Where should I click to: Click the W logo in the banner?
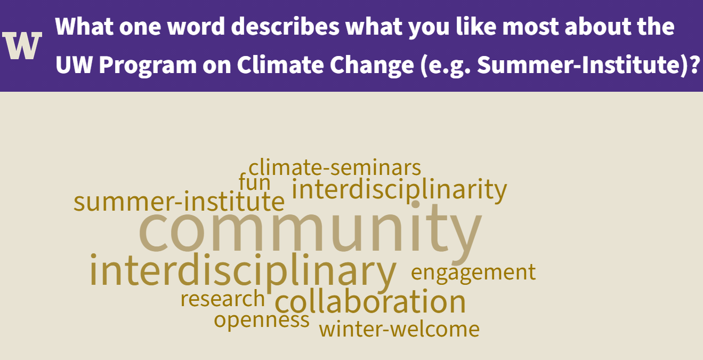point(22,45)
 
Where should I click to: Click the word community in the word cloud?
point(310,233)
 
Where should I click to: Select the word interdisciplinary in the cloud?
point(243,272)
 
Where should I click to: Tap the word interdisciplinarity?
point(399,190)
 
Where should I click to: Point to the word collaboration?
point(370,301)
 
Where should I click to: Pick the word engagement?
point(473,273)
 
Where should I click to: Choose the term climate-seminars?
point(335,167)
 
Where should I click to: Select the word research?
point(223,299)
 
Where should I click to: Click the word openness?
point(262,321)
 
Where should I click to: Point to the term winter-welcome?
point(399,329)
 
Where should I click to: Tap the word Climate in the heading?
point(280,65)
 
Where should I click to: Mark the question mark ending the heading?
point(695,65)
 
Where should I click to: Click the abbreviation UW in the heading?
point(74,65)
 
